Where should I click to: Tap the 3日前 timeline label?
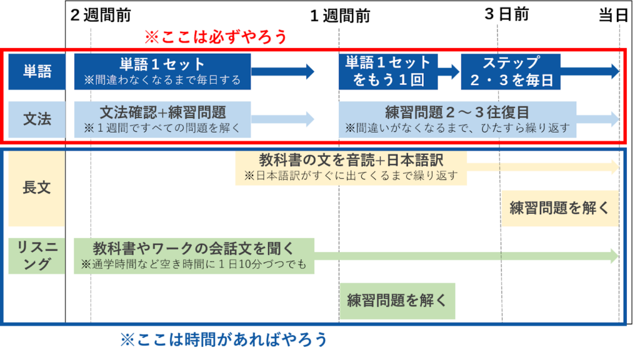point(506,14)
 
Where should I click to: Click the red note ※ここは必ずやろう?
point(216,37)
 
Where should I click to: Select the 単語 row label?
point(37,71)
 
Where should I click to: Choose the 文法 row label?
point(37,119)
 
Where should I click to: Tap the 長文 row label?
point(37,187)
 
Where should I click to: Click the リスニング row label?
point(37,256)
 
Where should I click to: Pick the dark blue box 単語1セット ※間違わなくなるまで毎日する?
point(162,71)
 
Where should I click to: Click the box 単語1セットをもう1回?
point(388,71)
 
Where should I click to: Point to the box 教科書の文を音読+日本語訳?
point(351,167)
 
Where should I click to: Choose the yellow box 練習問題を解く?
point(559,208)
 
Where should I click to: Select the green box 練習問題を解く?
point(397,301)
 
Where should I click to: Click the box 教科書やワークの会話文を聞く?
point(193,255)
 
